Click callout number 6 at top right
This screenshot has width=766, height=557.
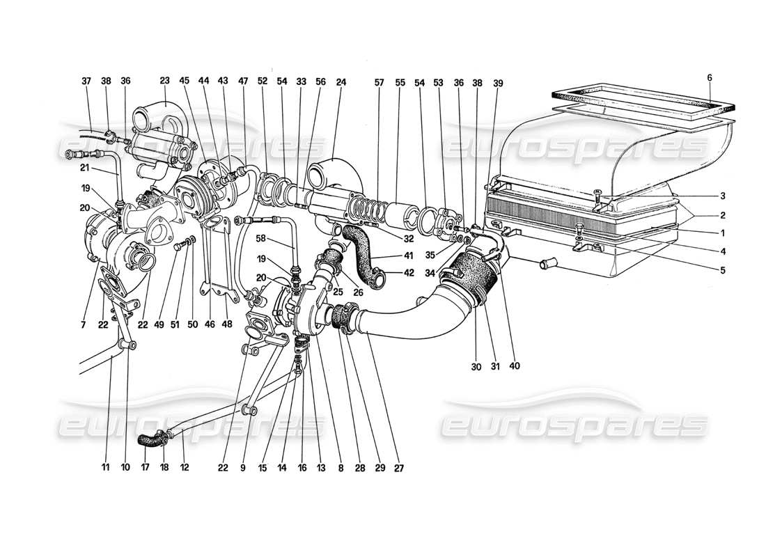[710, 78]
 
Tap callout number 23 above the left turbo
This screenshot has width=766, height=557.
[166, 81]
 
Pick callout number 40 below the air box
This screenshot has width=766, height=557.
[515, 364]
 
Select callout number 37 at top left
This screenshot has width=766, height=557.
[86, 81]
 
